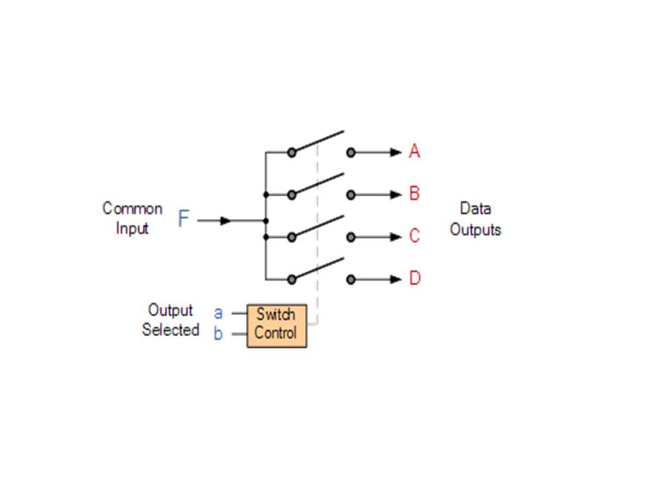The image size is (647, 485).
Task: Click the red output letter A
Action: pyautogui.click(x=414, y=152)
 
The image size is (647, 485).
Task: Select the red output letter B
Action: pyautogui.click(x=414, y=194)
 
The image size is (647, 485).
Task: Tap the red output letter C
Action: pyautogui.click(x=414, y=236)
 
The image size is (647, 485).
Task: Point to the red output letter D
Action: pyautogui.click(x=414, y=278)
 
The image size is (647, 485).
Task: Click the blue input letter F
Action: pyautogui.click(x=183, y=219)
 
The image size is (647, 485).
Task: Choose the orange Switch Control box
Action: pyautogui.click(x=276, y=325)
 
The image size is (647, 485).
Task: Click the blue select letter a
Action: pyautogui.click(x=218, y=313)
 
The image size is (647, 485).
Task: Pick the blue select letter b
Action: pyautogui.click(x=218, y=333)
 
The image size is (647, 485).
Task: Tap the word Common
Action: pyautogui.click(x=132, y=209)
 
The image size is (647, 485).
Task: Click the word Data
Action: pyautogui.click(x=475, y=209)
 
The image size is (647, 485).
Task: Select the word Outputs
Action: pyautogui.click(x=475, y=230)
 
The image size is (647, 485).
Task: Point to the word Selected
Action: pyautogui.click(x=171, y=330)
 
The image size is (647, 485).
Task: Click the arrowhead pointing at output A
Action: pyautogui.click(x=396, y=153)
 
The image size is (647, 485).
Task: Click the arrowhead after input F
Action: pyautogui.click(x=226, y=220)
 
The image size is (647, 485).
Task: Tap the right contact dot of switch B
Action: pyautogui.click(x=350, y=195)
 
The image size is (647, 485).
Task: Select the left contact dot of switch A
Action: pyautogui.click(x=292, y=153)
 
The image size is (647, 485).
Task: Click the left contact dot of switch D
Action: pyautogui.click(x=292, y=280)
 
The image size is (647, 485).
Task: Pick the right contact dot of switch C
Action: pyautogui.click(x=350, y=237)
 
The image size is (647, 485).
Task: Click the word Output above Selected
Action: pyautogui.click(x=171, y=311)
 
